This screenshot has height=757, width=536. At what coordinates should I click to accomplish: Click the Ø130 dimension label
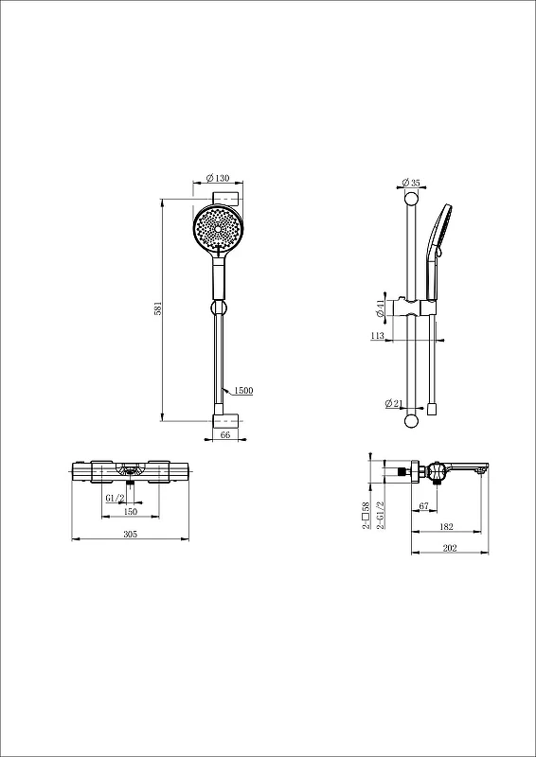point(218,178)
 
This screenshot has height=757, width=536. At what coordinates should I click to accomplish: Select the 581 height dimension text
point(157,309)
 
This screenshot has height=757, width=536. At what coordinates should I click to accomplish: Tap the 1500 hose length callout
point(244,391)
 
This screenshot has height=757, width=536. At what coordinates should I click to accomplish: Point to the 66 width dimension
point(225,434)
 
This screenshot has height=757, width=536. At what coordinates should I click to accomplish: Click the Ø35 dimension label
point(411,183)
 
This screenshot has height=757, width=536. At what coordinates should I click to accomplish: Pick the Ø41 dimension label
point(380,308)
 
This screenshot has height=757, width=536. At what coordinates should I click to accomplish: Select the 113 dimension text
point(378,336)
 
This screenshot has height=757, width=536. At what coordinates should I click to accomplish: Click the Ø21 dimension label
point(393,403)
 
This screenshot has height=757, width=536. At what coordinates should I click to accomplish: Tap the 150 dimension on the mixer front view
point(131,511)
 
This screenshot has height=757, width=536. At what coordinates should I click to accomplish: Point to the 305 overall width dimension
point(131,534)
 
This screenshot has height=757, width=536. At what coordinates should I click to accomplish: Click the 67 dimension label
point(424,506)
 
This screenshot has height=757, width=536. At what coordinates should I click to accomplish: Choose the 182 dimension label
point(447,527)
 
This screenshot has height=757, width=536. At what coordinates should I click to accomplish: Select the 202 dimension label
point(450,548)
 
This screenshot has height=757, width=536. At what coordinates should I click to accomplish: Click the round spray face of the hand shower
point(218,228)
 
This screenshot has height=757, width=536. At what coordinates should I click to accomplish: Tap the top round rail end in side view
point(411,200)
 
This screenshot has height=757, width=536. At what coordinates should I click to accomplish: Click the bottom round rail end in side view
point(411,421)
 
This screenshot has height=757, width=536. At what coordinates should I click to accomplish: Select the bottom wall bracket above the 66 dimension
point(225,421)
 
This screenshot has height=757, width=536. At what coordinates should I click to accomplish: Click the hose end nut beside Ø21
point(432,410)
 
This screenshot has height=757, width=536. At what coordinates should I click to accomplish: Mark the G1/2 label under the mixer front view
point(115,498)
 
